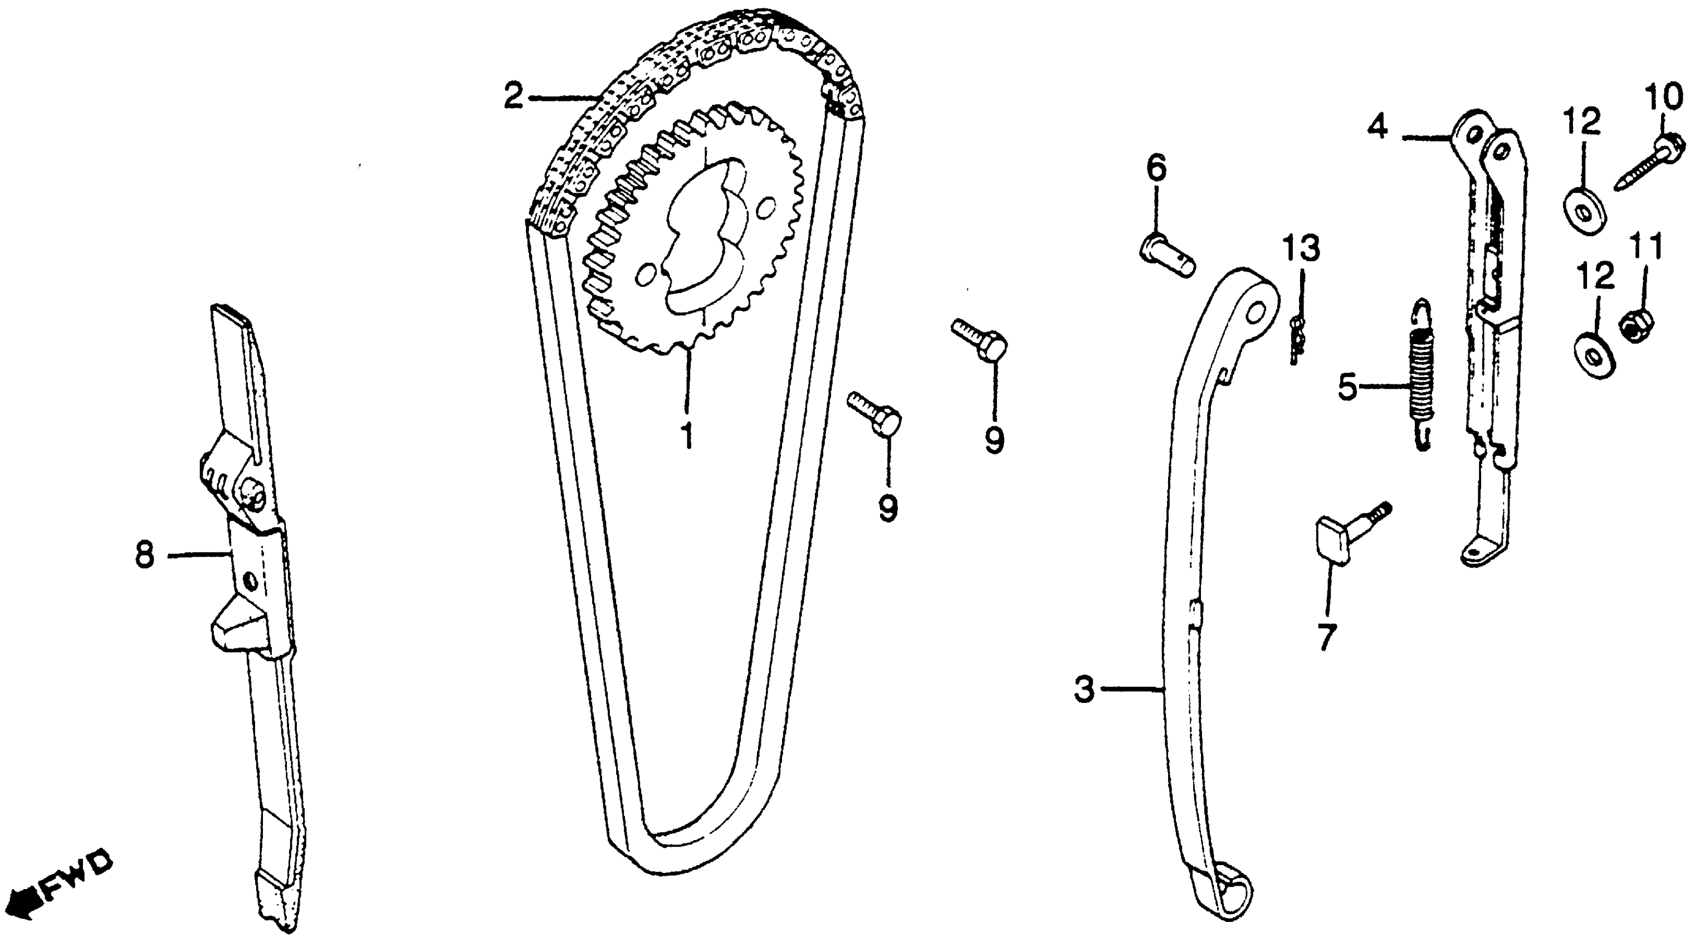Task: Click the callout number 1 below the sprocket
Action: click(x=687, y=435)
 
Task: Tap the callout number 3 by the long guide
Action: click(x=1084, y=690)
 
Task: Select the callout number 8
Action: click(x=144, y=555)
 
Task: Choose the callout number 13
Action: click(x=1300, y=250)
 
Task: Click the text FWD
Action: click(x=77, y=875)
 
